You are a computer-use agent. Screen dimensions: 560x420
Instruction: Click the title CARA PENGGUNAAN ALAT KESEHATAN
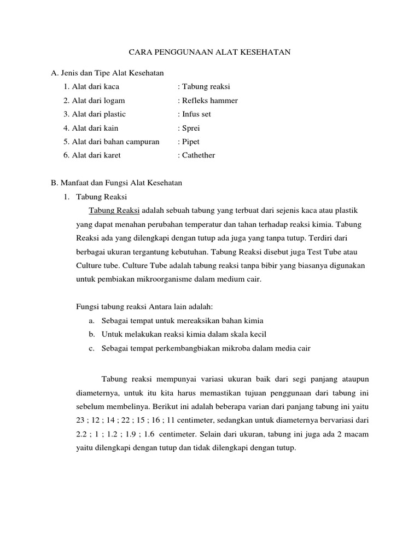(x=209, y=52)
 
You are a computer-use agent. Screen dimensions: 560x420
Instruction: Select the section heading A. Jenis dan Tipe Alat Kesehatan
(x=107, y=73)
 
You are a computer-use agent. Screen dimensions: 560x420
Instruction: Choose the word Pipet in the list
(x=191, y=142)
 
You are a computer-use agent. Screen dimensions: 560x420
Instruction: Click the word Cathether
(x=199, y=155)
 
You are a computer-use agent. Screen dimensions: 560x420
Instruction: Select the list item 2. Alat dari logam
(x=94, y=101)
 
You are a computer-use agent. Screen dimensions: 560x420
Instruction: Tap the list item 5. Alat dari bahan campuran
(x=111, y=142)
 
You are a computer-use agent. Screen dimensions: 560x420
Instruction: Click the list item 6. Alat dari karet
(x=92, y=155)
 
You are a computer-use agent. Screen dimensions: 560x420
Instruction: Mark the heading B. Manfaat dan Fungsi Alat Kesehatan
(x=116, y=183)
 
